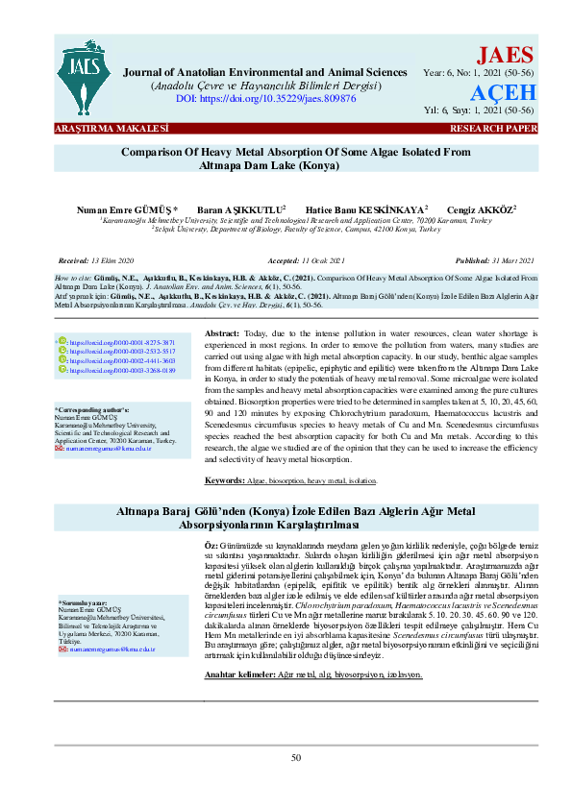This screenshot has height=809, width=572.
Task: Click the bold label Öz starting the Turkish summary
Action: (x=211, y=546)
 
